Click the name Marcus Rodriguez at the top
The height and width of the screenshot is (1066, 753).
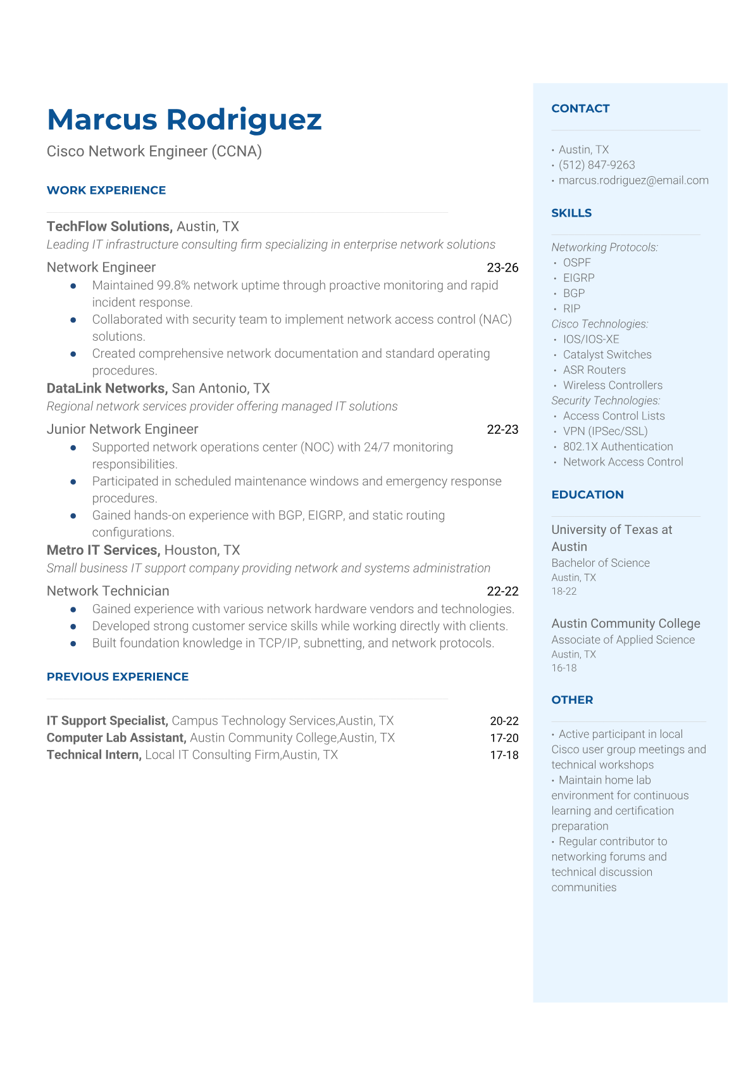click(x=184, y=120)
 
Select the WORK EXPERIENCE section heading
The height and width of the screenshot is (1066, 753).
click(x=106, y=190)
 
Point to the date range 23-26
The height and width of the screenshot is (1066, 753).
click(x=502, y=267)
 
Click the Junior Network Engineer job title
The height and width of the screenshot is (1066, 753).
click(x=122, y=429)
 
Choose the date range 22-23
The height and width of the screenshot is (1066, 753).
click(x=502, y=429)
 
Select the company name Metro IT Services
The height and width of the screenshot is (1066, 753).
click(x=103, y=550)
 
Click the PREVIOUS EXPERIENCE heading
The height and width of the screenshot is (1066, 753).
click(x=118, y=676)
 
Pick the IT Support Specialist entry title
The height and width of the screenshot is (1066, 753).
click(x=107, y=720)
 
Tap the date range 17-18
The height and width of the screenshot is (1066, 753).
click(x=504, y=755)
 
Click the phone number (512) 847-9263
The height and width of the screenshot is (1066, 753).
click(x=597, y=165)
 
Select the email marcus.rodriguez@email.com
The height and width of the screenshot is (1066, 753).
click(x=633, y=180)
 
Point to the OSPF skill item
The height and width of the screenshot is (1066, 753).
click(x=576, y=262)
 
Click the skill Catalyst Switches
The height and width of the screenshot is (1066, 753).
click(x=607, y=354)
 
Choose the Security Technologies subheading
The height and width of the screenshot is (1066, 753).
click(x=606, y=400)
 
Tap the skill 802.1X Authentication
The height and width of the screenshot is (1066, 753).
click(x=618, y=446)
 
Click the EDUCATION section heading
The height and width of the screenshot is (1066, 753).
click(x=587, y=495)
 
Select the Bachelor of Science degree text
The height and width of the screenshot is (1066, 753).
click(x=601, y=562)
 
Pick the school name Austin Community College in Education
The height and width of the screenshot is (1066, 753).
click(x=626, y=623)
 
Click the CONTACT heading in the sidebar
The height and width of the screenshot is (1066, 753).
click(x=580, y=108)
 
